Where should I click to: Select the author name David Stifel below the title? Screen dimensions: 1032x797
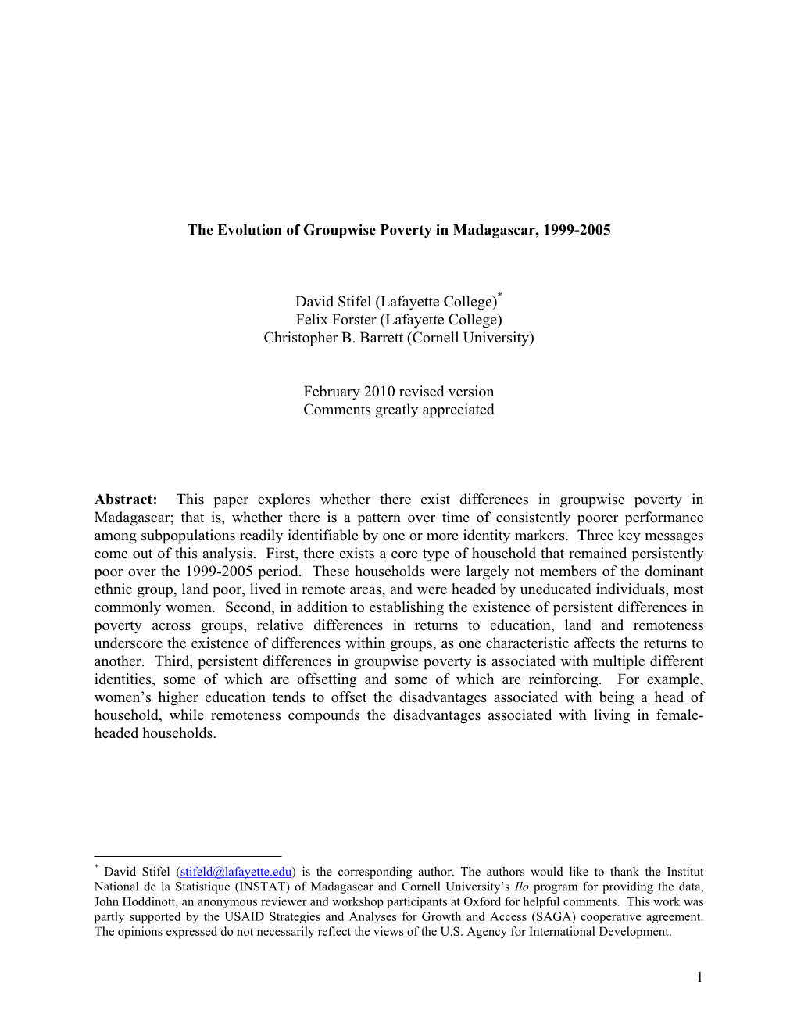pyautogui.click(x=333, y=302)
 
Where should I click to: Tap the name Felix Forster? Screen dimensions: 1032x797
pyautogui.click(x=335, y=320)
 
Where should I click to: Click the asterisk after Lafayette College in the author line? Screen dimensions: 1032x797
pyautogui.click(x=499, y=296)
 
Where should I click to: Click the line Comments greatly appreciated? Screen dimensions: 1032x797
pyautogui.click(x=398, y=410)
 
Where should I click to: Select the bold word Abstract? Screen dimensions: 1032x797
pyautogui.click(x=126, y=500)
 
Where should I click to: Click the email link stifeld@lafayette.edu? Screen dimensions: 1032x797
pyautogui.click(x=236, y=872)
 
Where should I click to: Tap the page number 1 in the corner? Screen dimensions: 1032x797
pyautogui.click(x=699, y=976)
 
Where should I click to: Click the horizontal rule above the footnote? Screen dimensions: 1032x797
pyautogui.click(x=188, y=856)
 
